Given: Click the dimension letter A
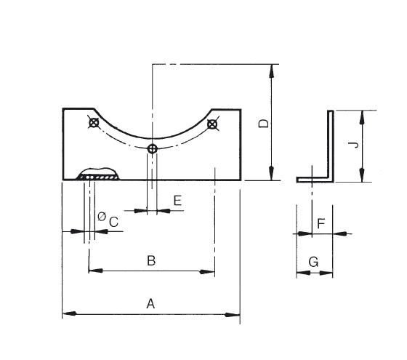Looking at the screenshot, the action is pos(150,303).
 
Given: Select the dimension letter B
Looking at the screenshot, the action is pos(151,260).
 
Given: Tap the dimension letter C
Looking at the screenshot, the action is pos(113,222).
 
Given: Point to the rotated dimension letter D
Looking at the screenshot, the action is pos(264,124).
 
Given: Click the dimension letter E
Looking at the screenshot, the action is pos(177,201).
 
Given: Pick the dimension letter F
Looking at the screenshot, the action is pos(321,223).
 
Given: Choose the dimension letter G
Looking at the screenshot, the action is pos(313,262).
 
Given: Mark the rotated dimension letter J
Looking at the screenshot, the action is pos(353,145).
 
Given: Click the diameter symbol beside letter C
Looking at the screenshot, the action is pos(102,216).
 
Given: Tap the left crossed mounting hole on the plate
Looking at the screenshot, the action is pos(94,123).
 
